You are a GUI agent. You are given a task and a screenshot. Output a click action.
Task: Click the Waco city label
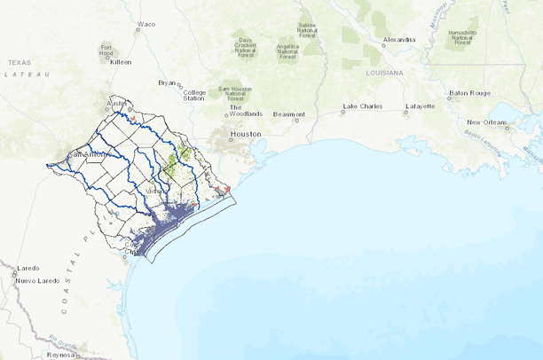146,24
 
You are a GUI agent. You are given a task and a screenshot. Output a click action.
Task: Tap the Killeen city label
120,63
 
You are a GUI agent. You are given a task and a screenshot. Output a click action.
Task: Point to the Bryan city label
167,82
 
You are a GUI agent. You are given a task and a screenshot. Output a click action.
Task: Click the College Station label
194,95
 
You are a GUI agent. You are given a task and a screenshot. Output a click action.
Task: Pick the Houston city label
245,134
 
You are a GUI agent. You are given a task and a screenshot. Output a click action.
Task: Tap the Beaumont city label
289,114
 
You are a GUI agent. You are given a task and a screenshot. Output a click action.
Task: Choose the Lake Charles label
362,106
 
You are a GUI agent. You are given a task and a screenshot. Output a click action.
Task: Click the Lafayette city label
420,106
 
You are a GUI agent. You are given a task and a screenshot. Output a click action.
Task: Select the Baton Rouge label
469,92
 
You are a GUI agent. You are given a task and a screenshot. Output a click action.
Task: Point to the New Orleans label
486,121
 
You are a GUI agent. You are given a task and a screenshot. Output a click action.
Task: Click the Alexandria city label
399,40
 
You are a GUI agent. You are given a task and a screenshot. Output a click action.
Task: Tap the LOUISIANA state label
383,72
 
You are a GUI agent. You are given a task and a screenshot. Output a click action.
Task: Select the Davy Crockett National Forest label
246,44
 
